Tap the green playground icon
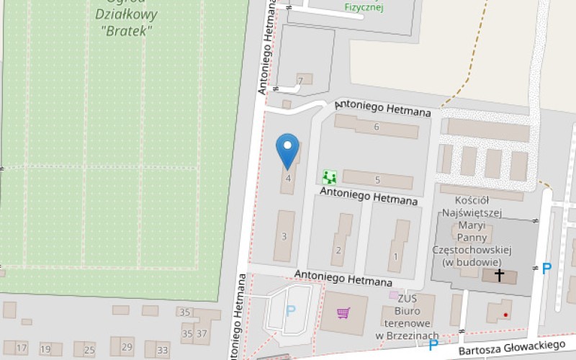329,176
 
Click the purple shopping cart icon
343,312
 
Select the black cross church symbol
500,275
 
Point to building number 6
377,127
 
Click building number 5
377,179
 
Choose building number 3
284,236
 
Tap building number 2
338,251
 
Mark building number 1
395,256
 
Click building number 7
300,78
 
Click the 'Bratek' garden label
127,31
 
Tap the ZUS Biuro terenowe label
408,316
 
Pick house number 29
127,348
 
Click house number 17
22,348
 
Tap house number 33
163,351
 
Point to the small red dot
506,315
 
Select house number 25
89,351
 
